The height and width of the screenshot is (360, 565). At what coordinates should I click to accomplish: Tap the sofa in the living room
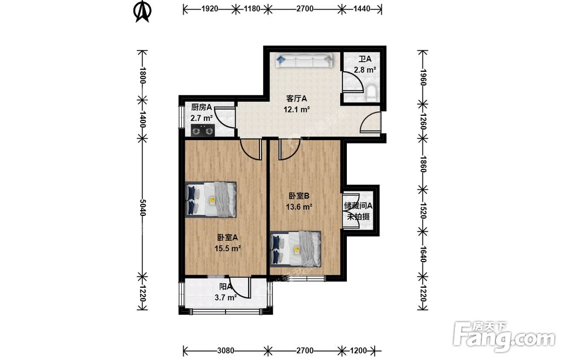304,60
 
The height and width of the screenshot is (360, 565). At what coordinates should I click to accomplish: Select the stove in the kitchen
202,130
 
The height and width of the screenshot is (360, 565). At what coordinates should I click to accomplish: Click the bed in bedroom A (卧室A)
211,199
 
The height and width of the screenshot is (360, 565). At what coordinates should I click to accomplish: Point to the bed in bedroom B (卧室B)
295,249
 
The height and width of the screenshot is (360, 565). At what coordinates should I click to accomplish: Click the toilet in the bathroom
372,93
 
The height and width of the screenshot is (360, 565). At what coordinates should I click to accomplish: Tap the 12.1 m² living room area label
297,109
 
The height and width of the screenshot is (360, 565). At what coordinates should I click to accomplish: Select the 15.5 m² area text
227,248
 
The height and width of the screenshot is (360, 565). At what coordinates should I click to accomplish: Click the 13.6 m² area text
299,206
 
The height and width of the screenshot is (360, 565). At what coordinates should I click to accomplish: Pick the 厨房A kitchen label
202,107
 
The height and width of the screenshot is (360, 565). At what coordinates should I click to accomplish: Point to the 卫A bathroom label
364,59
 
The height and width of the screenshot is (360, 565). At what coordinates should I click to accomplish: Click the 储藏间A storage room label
358,206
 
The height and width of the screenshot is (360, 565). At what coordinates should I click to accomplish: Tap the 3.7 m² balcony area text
225,297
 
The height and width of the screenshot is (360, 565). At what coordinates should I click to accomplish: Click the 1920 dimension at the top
210,8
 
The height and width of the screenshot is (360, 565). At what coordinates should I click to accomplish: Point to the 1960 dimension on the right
423,77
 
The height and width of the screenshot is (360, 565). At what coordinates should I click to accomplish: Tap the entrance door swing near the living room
371,122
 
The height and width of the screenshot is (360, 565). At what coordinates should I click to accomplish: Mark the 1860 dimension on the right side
423,164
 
